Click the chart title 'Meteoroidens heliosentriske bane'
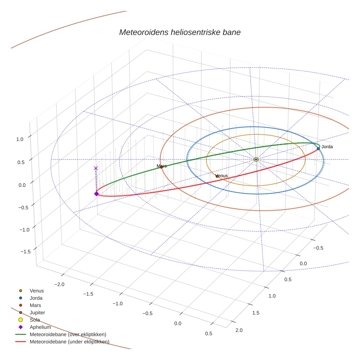pyautogui.click(x=180, y=32)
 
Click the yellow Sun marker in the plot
pyautogui.click(x=256, y=160)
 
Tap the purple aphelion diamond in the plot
pyautogui.click(x=96, y=194)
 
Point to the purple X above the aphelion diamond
pyautogui.click(x=96, y=168)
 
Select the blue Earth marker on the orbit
pyautogui.click(x=318, y=148)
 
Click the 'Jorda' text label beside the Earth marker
pyautogui.click(x=327, y=147)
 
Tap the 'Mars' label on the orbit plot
pyautogui.click(x=162, y=166)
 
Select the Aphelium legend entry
pyautogui.click(x=40, y=327)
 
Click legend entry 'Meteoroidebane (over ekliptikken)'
pyautogui.click(x=68, y=334)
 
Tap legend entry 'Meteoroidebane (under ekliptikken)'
pyautogui.click(x=69, y=342)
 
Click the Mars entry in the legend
pyautogui.click(x=35, y=305)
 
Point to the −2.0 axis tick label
pyautogui.click(x=59, y=284)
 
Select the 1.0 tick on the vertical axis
pyautogui.click(x=19, y=139)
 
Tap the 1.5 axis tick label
pyautogui.click(x=256, y=313)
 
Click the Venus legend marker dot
pyautogui.click(x=20, y=290)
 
